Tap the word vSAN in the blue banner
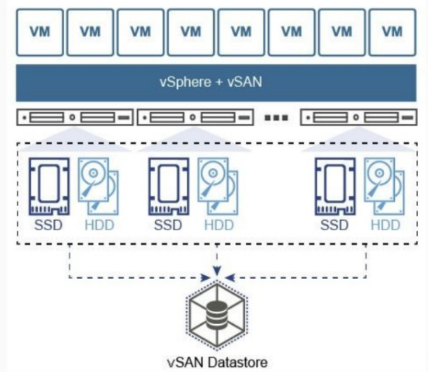244,82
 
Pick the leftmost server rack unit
75,118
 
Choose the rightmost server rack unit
359,118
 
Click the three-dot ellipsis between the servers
277,118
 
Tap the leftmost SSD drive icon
49,186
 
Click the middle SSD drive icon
168,186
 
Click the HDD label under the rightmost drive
385,226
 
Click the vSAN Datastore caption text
217,361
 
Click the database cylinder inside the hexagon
216,316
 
